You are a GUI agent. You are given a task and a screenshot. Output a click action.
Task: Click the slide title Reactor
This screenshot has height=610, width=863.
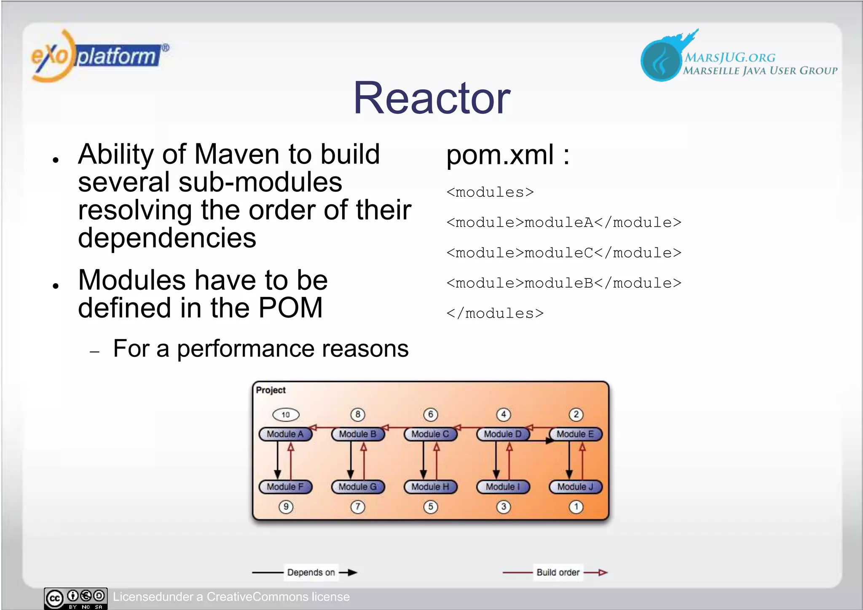coord(431,98)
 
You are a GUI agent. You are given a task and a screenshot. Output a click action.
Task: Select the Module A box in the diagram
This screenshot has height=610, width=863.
coord(285,434)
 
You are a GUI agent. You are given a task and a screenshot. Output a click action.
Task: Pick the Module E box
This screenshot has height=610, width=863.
coord(576,434)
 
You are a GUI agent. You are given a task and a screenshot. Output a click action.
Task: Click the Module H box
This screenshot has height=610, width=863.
coord(430,487)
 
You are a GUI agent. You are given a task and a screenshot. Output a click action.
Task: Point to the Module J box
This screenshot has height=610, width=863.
coord(576,487)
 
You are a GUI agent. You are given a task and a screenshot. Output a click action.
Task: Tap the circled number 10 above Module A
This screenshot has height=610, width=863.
coord(286,415)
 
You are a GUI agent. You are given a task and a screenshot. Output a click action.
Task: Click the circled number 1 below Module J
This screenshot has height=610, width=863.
coord(576,507)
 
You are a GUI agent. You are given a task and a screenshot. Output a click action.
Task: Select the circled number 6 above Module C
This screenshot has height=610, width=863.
coord(430,415)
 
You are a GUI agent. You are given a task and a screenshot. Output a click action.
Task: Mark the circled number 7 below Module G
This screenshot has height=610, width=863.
coord(358,507)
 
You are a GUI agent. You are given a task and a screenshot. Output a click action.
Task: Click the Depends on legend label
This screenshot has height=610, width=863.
coord(311,573)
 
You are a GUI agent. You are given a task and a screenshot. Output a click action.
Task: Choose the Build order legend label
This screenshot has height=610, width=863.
coord(558,573)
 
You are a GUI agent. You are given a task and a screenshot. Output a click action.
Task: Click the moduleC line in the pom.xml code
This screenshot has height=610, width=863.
coord(563,253)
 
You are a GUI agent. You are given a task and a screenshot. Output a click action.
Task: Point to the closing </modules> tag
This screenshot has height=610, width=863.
coord(495,313)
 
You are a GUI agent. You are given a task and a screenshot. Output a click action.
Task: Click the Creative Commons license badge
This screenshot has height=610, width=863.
coord(76,598)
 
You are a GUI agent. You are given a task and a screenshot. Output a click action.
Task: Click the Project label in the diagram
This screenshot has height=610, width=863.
coord(271,390)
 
